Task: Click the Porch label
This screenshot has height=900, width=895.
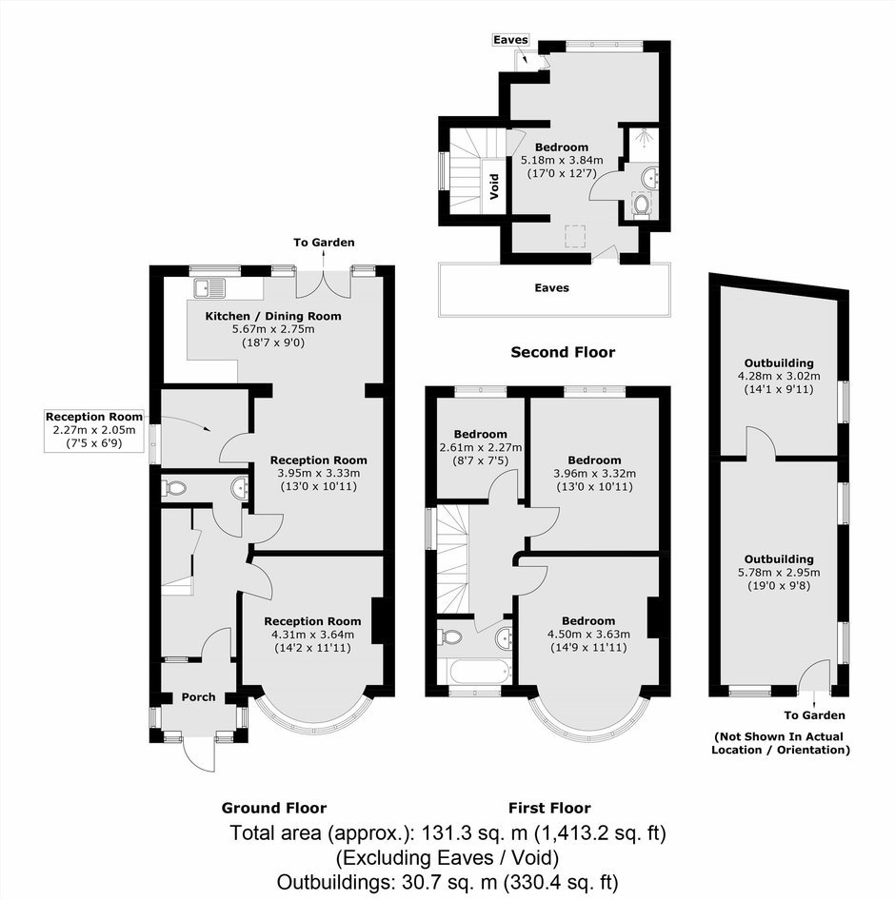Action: [x=198, y=696]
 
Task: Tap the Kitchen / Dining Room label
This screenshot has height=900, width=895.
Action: [x=273, y=316]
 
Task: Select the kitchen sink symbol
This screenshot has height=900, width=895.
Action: [x=209, y=287]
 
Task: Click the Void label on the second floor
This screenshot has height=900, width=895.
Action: [x=493, y=186]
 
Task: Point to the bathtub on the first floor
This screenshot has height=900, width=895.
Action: [x=474, y=671]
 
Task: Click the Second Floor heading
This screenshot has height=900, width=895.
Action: [x=563, y=352]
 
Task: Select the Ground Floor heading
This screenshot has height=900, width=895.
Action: [x=274, y=808]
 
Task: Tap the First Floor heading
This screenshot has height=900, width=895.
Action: [x=549, y=808]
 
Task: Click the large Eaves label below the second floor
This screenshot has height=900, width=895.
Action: [x=551, y=287]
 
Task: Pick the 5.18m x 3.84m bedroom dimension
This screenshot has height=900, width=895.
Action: [x=561, y=160]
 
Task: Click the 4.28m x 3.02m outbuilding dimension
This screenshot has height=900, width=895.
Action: [x=779, y=376]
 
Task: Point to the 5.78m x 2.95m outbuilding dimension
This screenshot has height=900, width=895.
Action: [x=779, y=573]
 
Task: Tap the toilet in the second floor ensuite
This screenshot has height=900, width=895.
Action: [x=641, y=205]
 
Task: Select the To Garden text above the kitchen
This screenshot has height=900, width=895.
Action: [x=324, y=243]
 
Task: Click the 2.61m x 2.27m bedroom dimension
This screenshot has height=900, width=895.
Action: [x=480, y=447]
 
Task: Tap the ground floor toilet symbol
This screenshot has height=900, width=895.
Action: [x=174, y=488]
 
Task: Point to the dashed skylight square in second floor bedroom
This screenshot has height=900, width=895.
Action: [x=575, y=237]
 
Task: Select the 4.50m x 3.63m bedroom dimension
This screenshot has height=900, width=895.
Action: [x=588, y=635]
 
